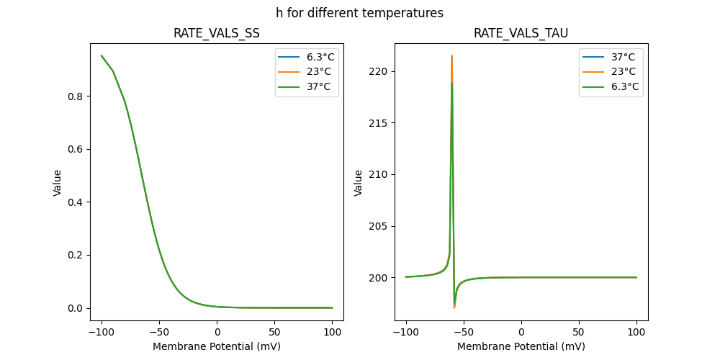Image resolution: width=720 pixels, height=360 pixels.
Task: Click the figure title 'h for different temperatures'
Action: click(359, 13)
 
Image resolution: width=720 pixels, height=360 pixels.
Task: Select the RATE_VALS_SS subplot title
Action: click(217, 33)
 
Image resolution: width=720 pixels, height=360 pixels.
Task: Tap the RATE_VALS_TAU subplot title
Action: click(521, 33)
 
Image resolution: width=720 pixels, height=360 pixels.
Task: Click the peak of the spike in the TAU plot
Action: click(451, 55)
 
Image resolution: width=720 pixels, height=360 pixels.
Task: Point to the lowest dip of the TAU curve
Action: click(454, 307)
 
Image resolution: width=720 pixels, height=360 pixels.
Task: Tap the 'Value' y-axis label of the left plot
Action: click(58, 183)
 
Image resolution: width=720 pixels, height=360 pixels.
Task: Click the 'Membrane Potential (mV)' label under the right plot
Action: click(521, 346)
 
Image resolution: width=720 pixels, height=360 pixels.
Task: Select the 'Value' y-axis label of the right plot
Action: click(358, 183)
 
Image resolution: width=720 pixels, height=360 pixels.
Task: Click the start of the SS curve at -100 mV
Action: click(102, 55)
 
